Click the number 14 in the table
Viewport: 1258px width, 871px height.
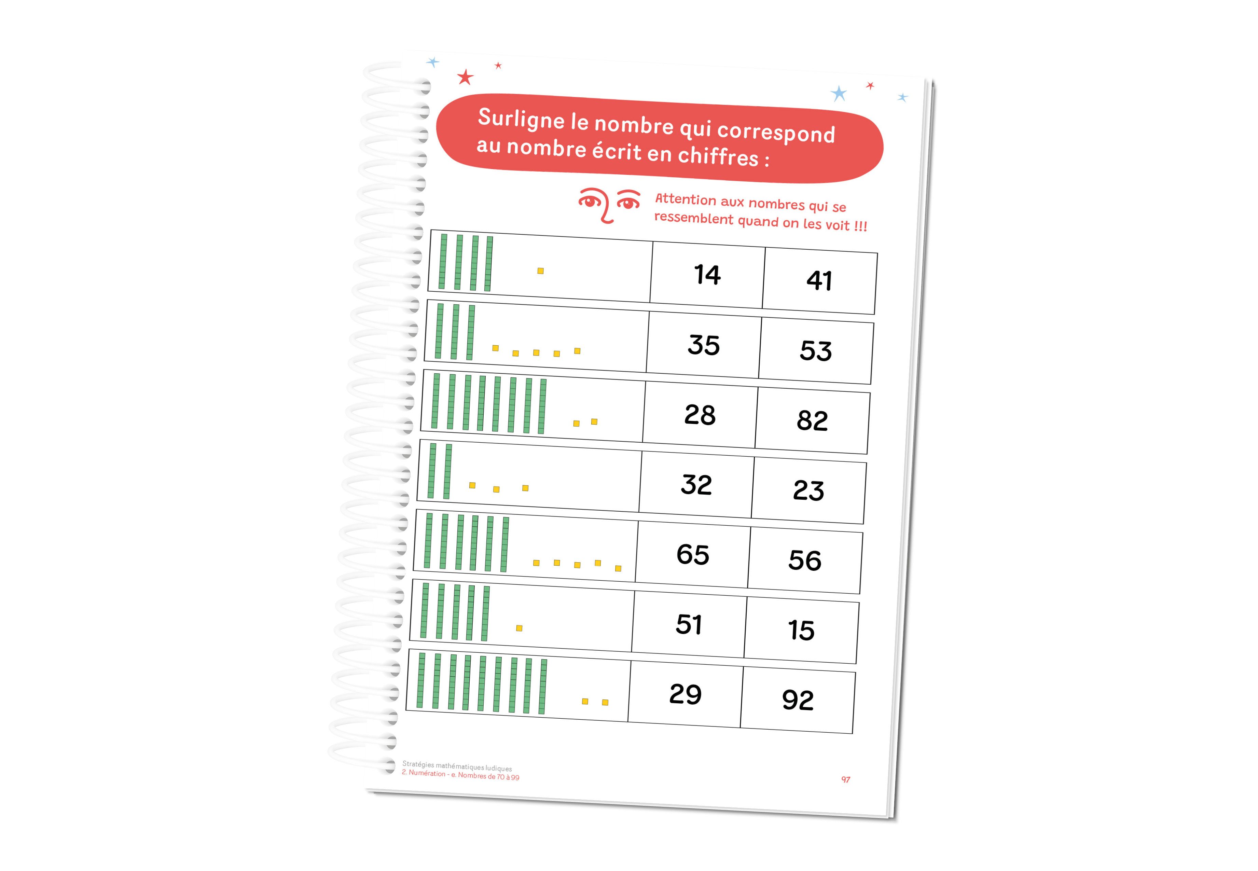707,275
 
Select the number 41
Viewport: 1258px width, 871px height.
819,280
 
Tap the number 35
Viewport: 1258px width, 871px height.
704,345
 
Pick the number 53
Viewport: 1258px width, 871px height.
816,350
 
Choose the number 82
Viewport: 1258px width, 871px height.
812,420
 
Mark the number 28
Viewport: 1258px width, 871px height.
700,415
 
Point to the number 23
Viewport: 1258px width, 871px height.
808,490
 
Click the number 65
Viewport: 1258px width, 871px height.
693,554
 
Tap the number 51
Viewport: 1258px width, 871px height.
689,624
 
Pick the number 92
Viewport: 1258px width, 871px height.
797,700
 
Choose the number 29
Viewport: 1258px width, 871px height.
685,694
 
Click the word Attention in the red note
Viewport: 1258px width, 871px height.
686,200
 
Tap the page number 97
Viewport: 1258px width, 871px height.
845,780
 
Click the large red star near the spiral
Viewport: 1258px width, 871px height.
465,78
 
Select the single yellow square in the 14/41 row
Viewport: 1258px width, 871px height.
540,271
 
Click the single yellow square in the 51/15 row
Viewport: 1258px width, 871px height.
519,628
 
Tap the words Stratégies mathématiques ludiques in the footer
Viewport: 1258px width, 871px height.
457,766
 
